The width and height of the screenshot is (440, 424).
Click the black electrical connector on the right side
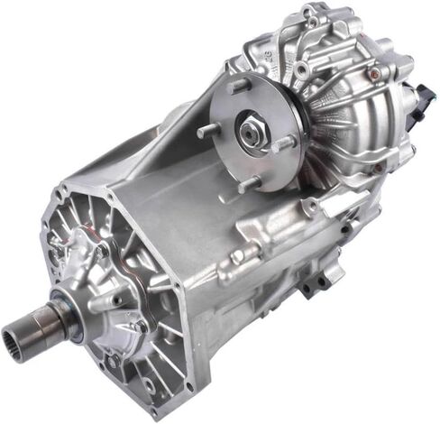(x=425, y=97)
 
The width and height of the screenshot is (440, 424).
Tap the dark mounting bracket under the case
(x=317, y=284)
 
